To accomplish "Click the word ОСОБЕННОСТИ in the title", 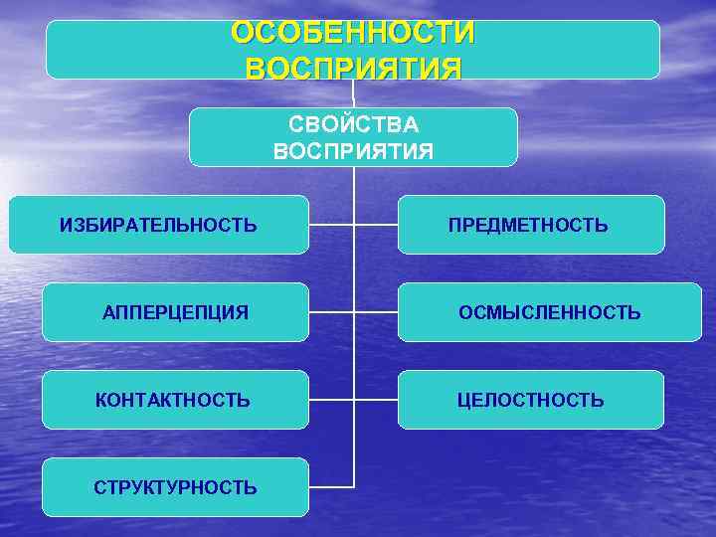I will [353, 33].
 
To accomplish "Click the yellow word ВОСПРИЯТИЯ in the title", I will [353, 69].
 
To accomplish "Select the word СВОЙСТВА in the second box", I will [353, 125].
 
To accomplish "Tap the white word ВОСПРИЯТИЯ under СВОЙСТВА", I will [353, 151].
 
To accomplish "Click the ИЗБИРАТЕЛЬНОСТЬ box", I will [158, 225].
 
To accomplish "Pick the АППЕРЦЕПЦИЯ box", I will [175, 312].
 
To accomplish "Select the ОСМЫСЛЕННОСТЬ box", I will [549, 312].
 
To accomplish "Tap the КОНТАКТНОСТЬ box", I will [175, 400].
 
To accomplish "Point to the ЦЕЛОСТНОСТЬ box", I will [531, 400].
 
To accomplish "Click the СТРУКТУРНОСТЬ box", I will [175, 487].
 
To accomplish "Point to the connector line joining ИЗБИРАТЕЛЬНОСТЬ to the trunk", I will [331, 225].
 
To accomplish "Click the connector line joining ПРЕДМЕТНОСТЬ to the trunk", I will [376, 225].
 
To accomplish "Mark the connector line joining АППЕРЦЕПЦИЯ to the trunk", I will [331, 312].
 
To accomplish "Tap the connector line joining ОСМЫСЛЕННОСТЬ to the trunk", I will [376, 312].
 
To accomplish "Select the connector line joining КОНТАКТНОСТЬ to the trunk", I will [331, 400].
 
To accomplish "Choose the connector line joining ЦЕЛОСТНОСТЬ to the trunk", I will [376, 400].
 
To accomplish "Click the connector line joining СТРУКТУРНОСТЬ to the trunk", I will [331, 487].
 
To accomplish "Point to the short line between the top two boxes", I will [353, 93].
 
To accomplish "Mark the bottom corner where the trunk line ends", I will [354, 487].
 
